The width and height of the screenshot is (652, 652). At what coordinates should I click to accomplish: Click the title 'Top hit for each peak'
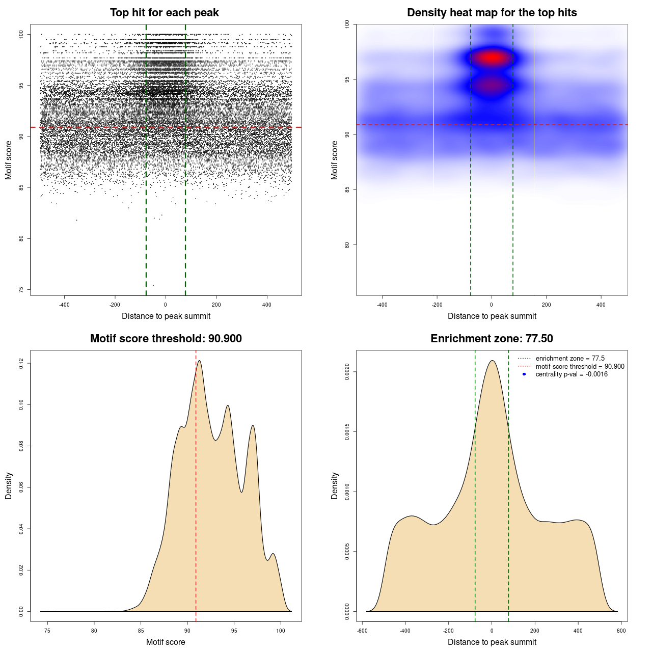[x=164, y=13]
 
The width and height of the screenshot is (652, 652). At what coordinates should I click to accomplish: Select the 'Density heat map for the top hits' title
[x=492, y=13]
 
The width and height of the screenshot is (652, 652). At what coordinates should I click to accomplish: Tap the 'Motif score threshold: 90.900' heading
[x=166, y=339]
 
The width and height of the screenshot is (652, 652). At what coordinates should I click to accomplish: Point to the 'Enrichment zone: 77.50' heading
[x=492, y=339]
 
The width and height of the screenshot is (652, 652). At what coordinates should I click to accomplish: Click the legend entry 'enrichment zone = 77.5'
[x=570, y=359]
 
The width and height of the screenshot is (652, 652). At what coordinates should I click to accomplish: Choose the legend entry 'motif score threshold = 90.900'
[x=580, y=366]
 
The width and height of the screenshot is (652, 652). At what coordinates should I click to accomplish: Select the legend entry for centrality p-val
[x=572, y=374]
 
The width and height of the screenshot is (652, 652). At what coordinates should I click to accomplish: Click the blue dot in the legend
[x=524, y=374]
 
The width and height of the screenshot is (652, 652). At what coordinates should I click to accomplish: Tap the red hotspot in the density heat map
[x=492, y=58]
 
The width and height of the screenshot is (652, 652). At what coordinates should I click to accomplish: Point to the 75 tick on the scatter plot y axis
[x=21, y=290]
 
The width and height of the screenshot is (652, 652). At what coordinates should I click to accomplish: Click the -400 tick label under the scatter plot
[x=64, y=305]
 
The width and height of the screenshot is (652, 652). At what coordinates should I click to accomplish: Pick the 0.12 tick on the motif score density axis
[x=21, y=363]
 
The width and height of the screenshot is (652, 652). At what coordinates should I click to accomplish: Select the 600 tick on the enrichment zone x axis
[x=621, y=631]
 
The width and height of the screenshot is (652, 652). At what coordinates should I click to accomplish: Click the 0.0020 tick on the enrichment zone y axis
[x=347, y=372]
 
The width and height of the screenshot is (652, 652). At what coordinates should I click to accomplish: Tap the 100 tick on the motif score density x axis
[x=281, y=631]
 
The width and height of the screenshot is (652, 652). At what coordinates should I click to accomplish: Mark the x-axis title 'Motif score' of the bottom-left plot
[x=166, y=642]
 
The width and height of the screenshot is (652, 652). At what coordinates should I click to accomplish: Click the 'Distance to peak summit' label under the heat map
[x=492, y=316]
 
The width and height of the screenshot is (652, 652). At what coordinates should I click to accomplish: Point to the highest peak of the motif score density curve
[x=199, y=361]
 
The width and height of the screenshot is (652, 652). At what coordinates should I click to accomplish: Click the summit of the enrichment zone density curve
[x=492, y=361]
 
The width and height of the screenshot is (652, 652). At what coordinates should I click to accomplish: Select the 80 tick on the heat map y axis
[x=347, y=245]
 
